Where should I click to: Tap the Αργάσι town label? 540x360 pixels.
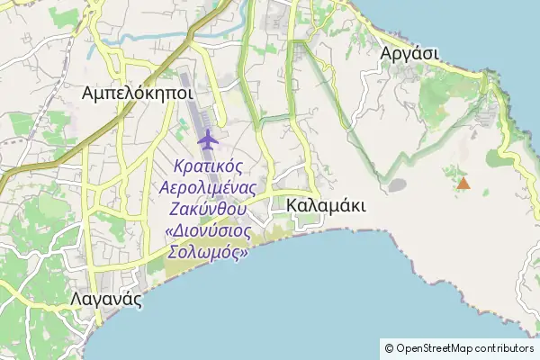pos(409,53)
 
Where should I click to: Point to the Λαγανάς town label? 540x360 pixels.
pos(105,301)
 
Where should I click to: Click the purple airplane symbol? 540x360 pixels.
pos(208,139)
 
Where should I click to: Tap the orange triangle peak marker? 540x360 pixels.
pos(463,184)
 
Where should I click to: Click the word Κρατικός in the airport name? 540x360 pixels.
pos(208,167)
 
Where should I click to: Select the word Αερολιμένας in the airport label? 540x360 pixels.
pos(208,188)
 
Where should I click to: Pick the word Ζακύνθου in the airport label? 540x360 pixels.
pos(208,210)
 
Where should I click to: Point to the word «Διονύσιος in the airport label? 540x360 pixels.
pos(208,230)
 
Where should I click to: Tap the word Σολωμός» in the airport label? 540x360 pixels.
pos(208,252)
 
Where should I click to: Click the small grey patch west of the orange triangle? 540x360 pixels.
pos(396,185)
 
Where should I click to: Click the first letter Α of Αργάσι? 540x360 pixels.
pos(387,53)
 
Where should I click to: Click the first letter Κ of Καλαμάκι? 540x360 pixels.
pos(292,206)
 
